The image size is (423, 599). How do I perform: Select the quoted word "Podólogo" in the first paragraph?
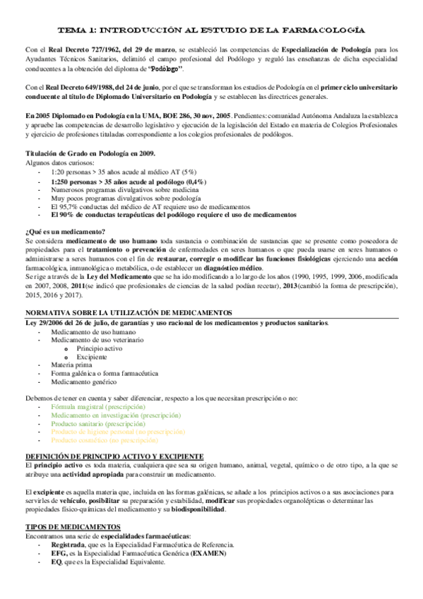(167, 69)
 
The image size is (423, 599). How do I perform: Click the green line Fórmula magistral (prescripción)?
(97, 408)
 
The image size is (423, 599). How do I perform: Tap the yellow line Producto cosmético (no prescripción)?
(109, 439)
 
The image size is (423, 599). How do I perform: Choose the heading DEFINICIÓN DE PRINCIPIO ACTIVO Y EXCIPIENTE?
(114, 457)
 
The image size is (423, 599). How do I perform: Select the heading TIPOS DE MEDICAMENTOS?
(73, 527)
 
